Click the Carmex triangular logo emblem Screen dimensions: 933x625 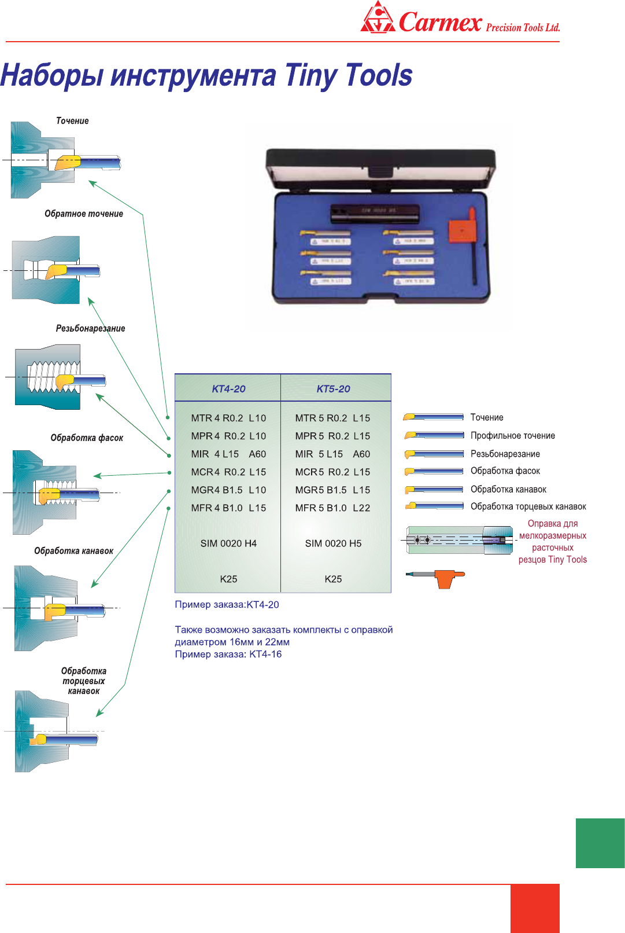(378, 19)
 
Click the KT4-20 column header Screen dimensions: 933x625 (228, 389)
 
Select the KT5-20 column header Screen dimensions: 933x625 (333, 389)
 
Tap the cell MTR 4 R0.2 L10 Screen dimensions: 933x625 (228, 418)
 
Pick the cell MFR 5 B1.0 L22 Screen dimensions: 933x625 (332, 508)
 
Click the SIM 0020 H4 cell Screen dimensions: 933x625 (228, 543)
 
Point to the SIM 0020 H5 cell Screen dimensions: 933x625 (333, 543)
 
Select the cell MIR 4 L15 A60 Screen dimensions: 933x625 (228, 454)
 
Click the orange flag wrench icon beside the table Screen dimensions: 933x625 (445, 578)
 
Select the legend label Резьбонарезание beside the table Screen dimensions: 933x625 (505, 454)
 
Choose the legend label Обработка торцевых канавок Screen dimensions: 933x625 (528, 507)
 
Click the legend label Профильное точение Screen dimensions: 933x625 (512, 436)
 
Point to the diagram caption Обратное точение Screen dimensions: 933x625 (84, 214)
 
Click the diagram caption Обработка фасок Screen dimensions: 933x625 (87, 438)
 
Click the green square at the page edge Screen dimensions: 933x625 (600, 843)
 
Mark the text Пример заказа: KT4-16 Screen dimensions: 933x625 (228, 655)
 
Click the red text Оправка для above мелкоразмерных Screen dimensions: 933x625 (552, 524)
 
